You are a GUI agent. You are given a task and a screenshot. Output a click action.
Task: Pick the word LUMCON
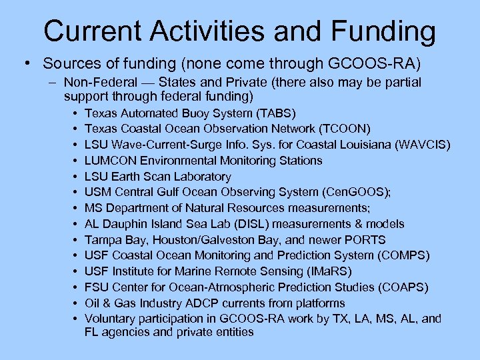tap(111, 161)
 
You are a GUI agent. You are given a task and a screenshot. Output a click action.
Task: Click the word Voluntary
tap(110, 319)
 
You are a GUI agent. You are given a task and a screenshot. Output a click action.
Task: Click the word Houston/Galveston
tap(217, 240)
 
